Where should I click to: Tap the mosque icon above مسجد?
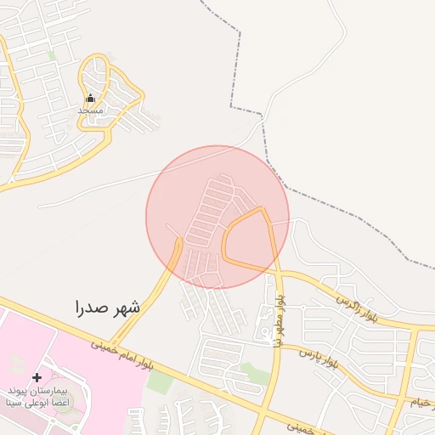(x=91, y=98)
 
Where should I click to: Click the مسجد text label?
(x=91, y=110)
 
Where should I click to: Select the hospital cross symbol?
(x=36, y=376)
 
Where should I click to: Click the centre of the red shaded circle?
(x=217, y=217)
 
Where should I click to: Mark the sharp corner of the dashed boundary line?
(x=231, y=107)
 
